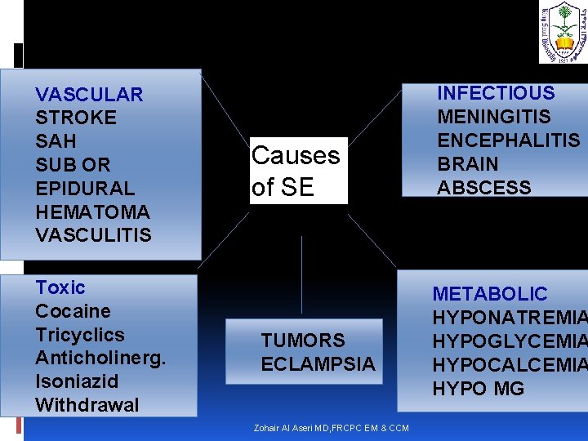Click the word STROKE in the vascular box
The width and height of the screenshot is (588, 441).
click(76, 118)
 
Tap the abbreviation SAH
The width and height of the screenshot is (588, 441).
click(56, 141)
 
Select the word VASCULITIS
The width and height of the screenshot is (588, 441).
click(93, 235)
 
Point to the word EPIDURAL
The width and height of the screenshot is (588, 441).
click(85, 188)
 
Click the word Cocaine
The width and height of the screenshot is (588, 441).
click(73, 311)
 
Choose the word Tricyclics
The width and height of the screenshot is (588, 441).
click(80, 335)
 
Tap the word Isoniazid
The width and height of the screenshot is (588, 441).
click(77, 381)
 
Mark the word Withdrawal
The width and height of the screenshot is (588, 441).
click(87, 405)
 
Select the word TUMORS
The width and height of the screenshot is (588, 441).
click(303, 341)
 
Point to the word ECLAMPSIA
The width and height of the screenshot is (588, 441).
click(318, 364)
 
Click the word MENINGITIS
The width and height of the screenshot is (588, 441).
click(494, 117)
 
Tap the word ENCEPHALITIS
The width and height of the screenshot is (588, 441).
click(509, 140)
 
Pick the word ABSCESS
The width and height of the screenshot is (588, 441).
click(484, 188)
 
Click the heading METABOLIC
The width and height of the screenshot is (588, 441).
click(490, 294)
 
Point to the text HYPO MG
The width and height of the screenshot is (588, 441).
click(479, 389)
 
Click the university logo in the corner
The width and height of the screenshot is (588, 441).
click(562, 33)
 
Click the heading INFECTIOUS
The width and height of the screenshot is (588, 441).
click(496, 93)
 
